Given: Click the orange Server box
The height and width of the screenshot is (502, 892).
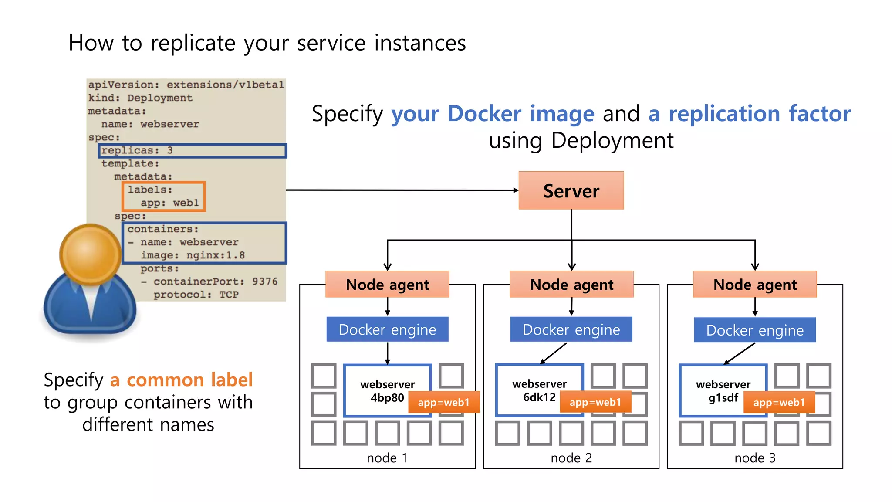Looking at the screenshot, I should click(x=571, y=190).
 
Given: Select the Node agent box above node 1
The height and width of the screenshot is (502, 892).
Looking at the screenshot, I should click(x=387, y=285).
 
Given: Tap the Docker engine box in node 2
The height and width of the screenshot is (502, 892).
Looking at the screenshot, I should click(x=571, y=329).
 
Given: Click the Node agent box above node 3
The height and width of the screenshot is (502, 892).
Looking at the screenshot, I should click(x=755, y=285).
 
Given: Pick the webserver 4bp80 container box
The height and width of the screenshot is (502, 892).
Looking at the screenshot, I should click(x=379, y=383).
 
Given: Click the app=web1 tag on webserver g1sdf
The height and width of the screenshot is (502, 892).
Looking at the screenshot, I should click(x=779, y=402).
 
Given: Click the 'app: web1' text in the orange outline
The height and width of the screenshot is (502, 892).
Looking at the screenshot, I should click(x=169, y=203).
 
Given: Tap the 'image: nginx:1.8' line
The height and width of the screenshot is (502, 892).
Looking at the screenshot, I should click(x=193, y=255).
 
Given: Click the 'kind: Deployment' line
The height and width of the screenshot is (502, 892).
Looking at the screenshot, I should click(x=140, y=98).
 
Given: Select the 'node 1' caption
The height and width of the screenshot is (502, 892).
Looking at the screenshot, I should click(x=387, y=458).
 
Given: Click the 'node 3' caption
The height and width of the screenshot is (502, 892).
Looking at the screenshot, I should click(x=755, y=458).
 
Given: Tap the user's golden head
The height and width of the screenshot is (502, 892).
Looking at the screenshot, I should click(x=90, y=254).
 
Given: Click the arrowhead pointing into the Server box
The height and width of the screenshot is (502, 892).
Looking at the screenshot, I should click(x=516, y=190).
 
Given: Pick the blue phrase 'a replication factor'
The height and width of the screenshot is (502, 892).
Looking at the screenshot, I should click(x=749, y=114).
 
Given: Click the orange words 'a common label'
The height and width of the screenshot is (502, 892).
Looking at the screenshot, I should click(x=181, y=380).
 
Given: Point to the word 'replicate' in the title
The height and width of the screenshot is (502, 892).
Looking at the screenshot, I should click(x=193, y=44).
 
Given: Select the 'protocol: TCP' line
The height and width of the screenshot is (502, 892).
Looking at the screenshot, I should click(x=196, y=295).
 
